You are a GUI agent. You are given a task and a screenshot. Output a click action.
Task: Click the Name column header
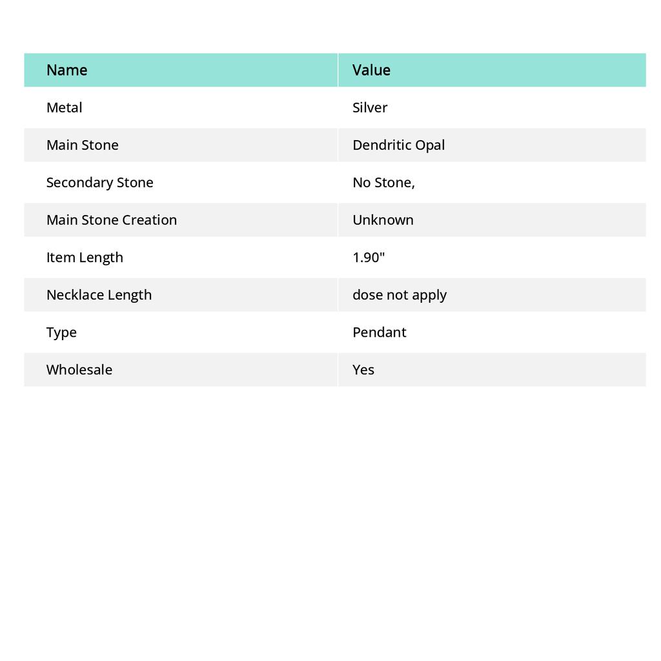66,70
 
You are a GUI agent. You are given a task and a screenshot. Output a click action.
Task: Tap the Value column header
371,70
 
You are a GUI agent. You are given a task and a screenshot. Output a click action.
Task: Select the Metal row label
64,108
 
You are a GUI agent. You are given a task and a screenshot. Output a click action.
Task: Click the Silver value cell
370,108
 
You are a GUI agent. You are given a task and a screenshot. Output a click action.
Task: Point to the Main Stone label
82,145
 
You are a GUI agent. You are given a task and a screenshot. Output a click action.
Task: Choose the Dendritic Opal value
398,145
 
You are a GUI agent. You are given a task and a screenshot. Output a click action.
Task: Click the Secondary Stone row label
99,183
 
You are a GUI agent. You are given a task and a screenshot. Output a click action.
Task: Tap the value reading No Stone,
383,183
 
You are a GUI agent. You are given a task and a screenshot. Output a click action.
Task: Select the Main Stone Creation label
111,220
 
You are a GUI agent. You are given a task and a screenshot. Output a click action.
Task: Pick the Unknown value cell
383,220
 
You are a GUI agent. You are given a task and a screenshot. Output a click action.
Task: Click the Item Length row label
85,258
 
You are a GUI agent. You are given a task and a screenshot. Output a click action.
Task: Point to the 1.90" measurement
369,258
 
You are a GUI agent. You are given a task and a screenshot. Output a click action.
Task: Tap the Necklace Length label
99,295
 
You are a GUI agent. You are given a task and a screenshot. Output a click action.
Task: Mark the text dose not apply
400,295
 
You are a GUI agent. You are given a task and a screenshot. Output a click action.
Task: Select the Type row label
61,332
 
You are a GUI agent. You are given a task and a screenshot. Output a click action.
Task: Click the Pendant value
379,332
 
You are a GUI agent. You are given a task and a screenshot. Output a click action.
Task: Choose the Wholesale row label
79,370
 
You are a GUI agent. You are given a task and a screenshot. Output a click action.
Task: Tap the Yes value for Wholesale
363,370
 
